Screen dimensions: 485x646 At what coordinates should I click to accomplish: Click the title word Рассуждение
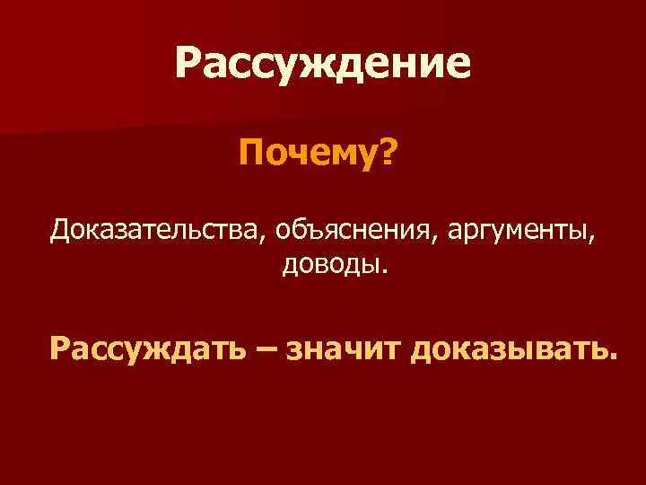tap(322, 64)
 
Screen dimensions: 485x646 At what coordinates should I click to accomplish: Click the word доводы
tap(332, 265)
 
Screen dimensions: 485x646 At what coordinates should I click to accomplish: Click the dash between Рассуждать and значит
tap(266, 347)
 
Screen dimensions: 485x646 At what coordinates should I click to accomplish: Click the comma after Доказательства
tap(263, 238)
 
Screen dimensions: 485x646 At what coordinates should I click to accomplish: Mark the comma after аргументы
tap(594, 238)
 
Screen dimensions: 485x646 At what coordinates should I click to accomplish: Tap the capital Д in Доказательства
tap(60, 229)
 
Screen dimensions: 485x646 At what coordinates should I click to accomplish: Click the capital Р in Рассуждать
tap(61, 345)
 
